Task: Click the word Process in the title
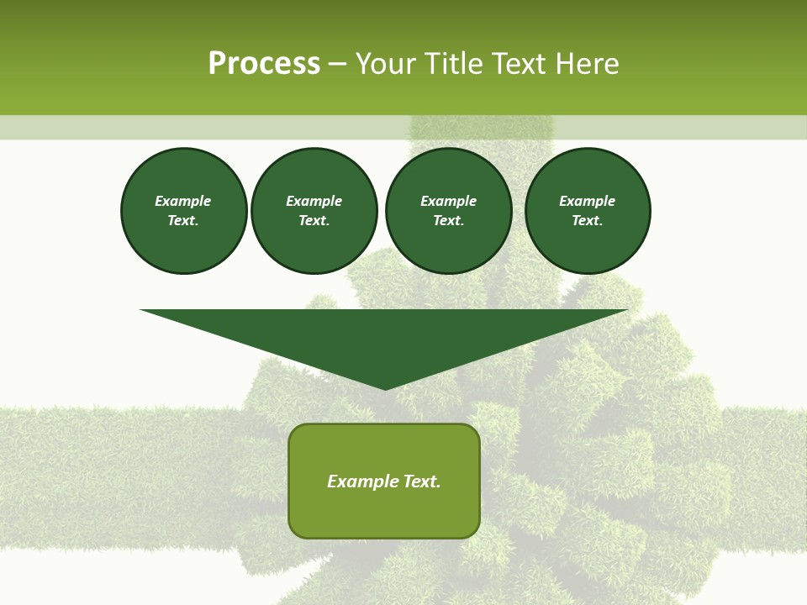click(264, 64)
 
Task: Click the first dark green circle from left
click(183, 210)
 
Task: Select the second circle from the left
click(314, 210)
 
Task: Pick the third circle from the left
click(449, 210)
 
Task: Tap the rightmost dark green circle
click(588, 210)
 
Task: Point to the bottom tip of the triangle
click(385, 388)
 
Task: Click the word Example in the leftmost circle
click(183, 201)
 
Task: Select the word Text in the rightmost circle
click(587, 220)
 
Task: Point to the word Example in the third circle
click(449, 201)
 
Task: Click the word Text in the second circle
click(314, 220)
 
